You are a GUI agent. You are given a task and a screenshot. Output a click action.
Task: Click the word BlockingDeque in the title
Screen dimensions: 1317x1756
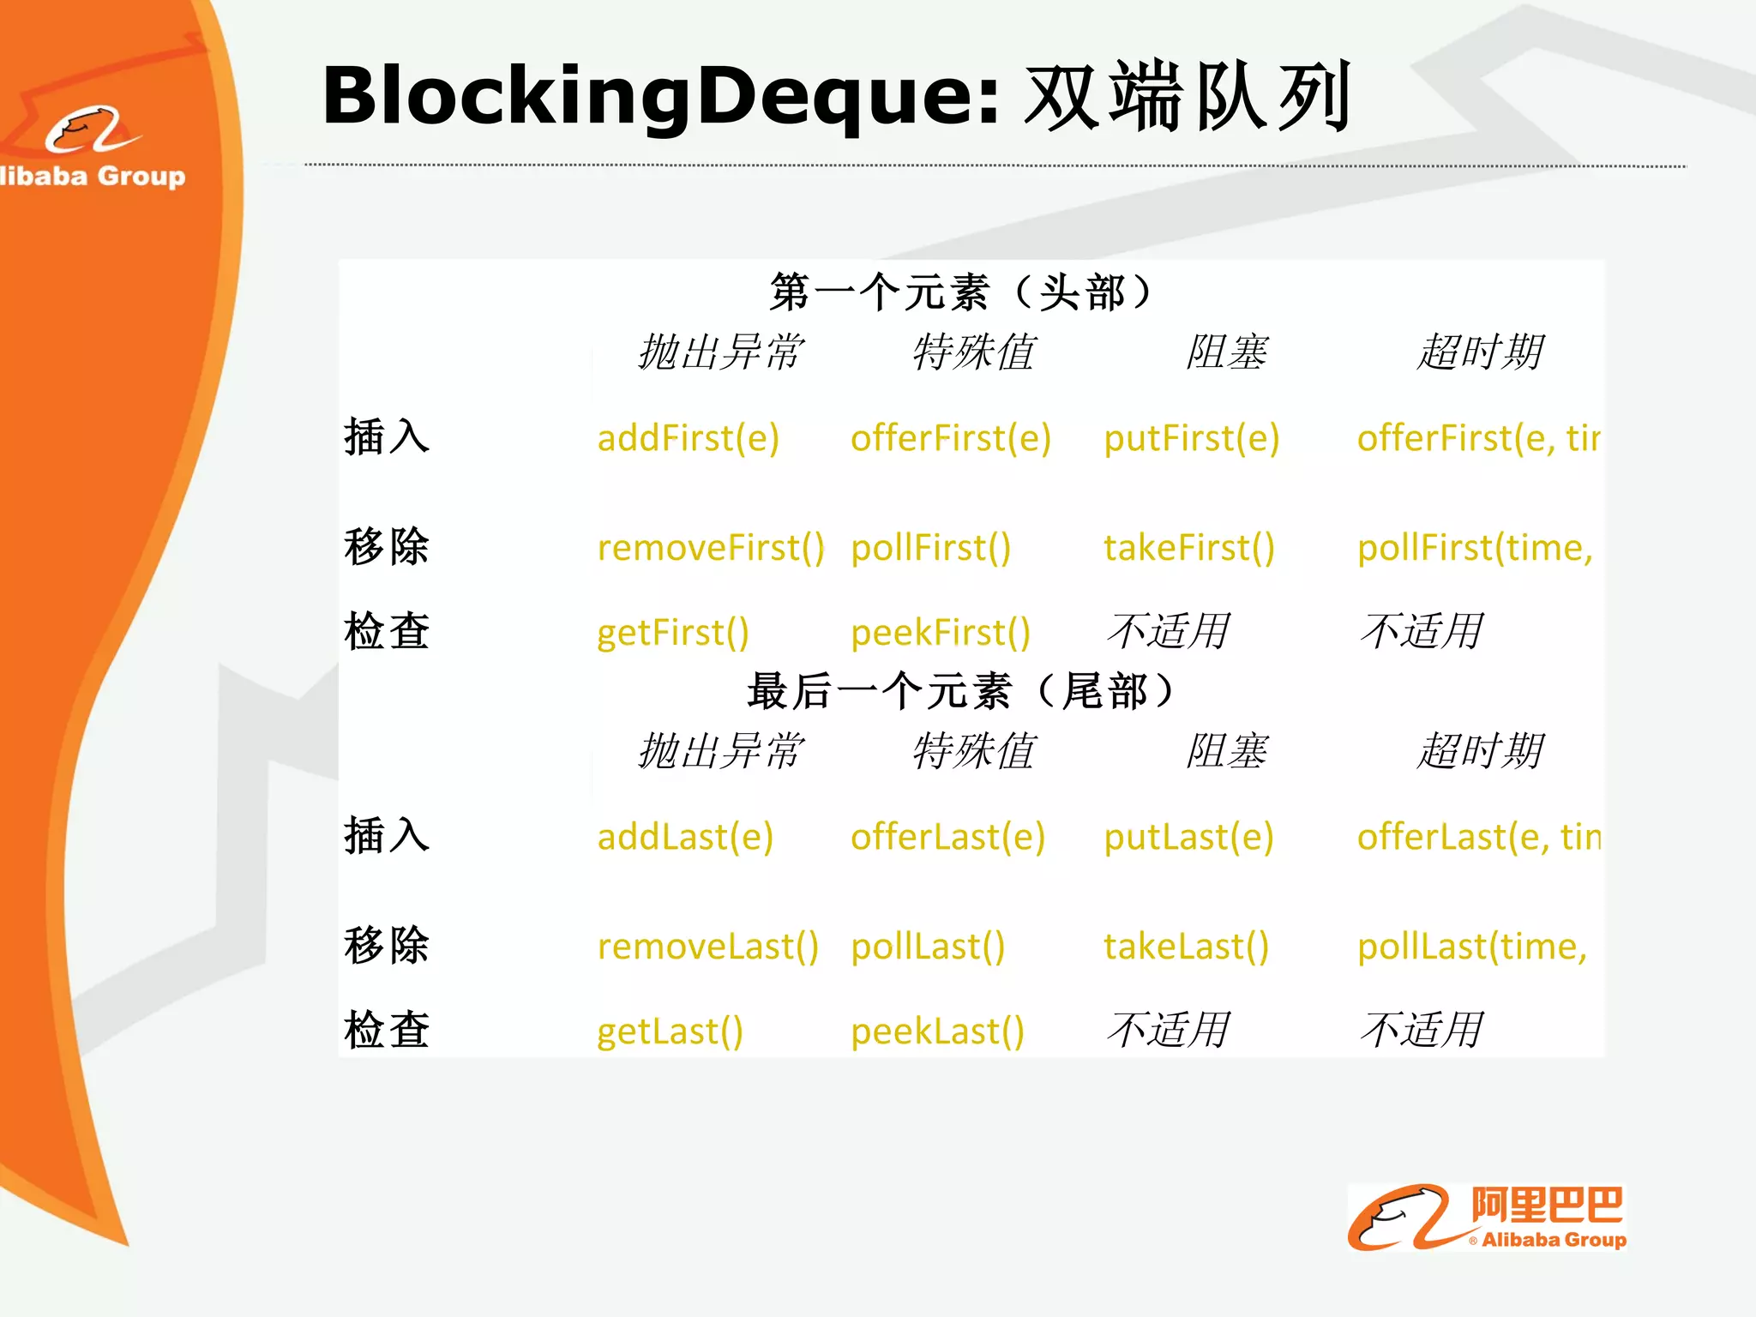[660, 96]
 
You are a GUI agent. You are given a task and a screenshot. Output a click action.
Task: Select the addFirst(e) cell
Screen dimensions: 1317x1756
[688, 439]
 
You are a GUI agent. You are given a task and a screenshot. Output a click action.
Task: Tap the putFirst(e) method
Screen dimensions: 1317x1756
[1191, 439]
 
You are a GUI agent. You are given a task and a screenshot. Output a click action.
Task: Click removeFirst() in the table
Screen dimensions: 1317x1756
[710, 548]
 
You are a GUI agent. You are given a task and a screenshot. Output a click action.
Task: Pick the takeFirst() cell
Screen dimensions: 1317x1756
[1188, 548]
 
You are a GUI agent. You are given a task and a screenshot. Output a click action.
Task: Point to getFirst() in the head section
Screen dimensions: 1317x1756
[672, 633]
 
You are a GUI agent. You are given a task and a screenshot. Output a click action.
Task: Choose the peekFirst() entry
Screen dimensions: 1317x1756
[940, 633]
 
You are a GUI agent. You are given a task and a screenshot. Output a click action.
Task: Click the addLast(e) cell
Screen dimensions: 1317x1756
[685, 837]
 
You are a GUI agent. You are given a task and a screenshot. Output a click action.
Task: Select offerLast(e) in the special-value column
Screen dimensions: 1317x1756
[947, 837]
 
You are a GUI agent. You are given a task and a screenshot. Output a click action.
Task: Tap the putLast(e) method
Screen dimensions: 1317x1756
[1188, 837]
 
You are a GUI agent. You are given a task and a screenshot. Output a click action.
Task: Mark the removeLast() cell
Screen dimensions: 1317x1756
[707, 947]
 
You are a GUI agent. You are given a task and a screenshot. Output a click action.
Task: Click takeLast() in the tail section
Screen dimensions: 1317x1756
[1186, 947]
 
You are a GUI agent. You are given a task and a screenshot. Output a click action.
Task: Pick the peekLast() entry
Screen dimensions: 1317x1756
[937, 1031]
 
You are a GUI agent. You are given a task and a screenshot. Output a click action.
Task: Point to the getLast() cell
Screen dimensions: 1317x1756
[670, 1031]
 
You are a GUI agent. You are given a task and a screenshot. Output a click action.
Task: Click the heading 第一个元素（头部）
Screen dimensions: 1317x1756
[960, 292]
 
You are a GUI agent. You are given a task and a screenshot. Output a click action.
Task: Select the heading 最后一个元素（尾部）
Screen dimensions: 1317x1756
[960, 691]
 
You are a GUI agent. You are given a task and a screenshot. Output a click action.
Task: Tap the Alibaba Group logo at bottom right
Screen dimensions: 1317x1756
[1487, 1218]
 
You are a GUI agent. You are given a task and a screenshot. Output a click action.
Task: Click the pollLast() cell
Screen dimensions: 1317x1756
[928, 947]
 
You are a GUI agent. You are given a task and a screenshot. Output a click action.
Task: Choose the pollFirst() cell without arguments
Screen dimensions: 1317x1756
[930, 548]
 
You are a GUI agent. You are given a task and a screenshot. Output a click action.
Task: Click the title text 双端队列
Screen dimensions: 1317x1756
[1188, 96]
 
